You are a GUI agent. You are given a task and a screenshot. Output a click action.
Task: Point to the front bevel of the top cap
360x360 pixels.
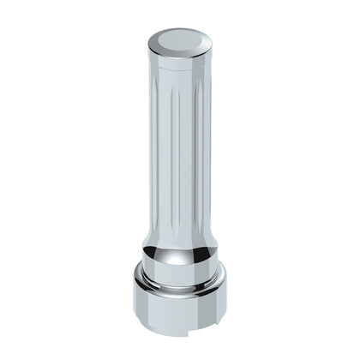click(179, 53)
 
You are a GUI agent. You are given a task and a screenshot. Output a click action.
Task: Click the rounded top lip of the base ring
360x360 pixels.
click(180, 285)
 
